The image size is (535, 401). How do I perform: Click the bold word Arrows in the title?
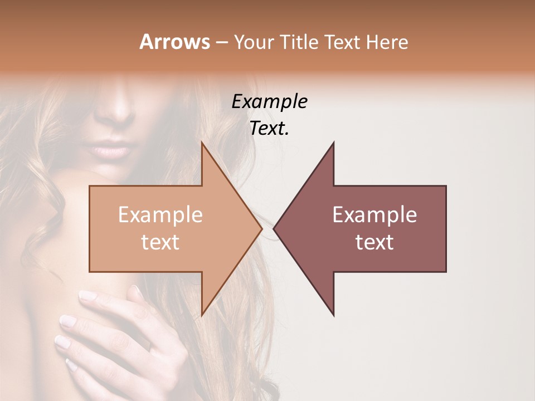click(x=174, y=42)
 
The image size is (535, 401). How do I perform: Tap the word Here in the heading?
click(x=388, y=42)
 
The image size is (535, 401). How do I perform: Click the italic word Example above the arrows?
click(x=269, y=101)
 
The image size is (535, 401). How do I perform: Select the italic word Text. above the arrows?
click(x=269, y=129)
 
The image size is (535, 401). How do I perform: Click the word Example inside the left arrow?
click(x=160, y=215)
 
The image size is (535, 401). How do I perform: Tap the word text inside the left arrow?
click(x=160, y=242)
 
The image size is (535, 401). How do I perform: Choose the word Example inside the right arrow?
click(x=374, y=215)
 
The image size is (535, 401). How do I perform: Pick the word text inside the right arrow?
click(x=374, y=242)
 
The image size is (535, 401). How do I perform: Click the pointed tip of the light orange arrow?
click(x=262, y=228)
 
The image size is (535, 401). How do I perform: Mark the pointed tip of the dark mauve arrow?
click(x=274, y=228)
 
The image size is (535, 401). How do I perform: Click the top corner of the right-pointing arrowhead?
click(x=202, y=143)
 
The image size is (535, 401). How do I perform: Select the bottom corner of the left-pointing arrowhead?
click(x=334, y=316)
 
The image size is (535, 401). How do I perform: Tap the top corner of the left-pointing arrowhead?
click(x=334, y=143)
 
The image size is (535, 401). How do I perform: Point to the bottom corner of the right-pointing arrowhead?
click(x=202, y=316)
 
